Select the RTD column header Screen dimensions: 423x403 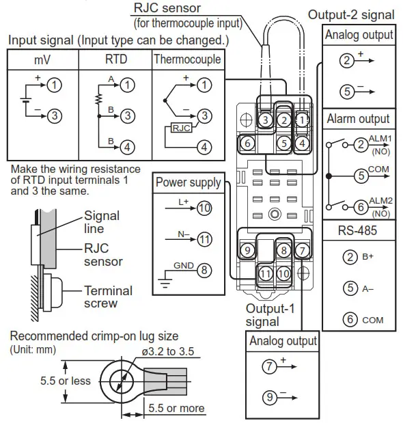tap(115, 59)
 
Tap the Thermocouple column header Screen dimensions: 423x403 tap(187, 59)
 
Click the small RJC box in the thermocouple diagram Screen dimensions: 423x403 tap(181, 127)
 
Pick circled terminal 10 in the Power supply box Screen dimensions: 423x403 tap(204, 209)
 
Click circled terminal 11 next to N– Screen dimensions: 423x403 tap(204, 239)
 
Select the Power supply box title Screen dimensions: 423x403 tap(188, 182)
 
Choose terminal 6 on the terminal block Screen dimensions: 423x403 tap(249, 143)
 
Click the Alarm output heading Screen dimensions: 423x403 tap(359, 118)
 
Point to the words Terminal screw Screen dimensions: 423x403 tap(111, 297)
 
